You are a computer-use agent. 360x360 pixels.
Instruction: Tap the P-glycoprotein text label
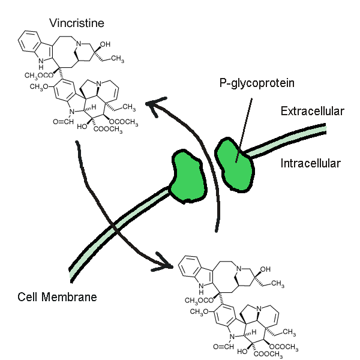257,83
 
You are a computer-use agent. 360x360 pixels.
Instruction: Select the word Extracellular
312,111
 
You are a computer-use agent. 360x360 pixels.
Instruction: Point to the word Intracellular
310,163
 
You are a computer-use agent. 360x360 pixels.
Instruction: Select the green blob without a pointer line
185,176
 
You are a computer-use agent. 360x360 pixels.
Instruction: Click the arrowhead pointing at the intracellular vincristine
167,263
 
